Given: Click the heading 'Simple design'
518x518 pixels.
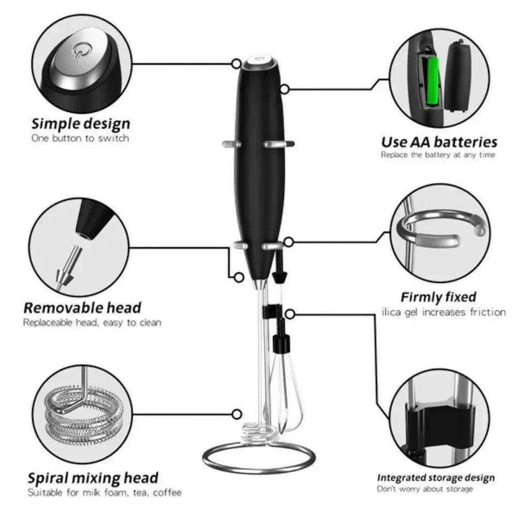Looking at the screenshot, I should tap(81, 124).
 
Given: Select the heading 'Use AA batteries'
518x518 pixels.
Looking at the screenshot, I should tap(439, 142).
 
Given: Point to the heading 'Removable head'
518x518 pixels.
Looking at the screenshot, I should tap(82, 308).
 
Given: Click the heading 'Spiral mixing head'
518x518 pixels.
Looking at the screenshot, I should tap(93, 478).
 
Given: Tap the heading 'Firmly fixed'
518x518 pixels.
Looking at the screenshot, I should tap(438, 297).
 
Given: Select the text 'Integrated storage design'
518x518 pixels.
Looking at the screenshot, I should tap(435, 478).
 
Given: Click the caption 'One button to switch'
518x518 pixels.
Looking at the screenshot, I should tap(80, 138).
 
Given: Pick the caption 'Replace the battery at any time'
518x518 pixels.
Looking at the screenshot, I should tap(438, 155).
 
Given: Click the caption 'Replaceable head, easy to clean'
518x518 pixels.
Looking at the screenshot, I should tap(92, 322).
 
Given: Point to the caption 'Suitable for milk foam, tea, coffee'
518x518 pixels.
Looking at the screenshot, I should tap(105, 492).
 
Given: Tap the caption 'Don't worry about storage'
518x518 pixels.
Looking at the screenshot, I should tap(425, 489).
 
